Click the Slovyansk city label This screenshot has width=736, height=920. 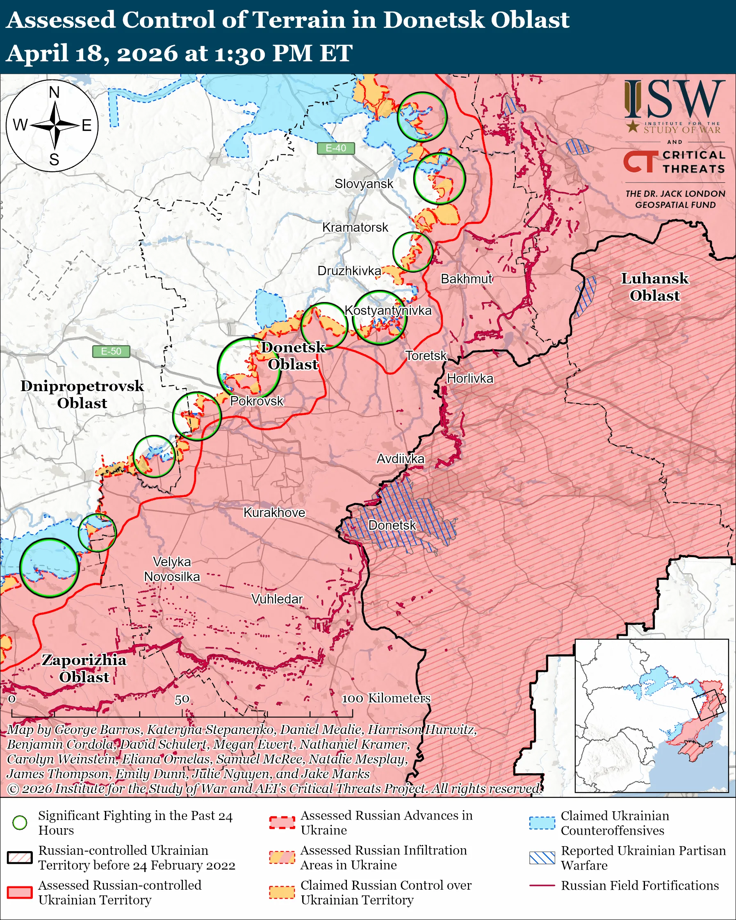[x=364, y=184]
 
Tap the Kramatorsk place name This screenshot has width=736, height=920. [x=355, y=228]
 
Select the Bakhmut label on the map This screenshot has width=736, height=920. [x=466, y=279]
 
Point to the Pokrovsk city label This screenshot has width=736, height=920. [x=256, y=401]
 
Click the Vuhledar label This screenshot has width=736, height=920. [x=277, y=599]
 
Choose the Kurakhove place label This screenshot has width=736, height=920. [x=274, y=512]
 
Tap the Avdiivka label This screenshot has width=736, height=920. [x=400, y=459]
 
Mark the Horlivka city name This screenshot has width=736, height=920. [x=470, y=378]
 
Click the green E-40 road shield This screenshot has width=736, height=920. [x=336, y=148]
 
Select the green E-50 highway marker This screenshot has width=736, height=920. [x=111, y=351]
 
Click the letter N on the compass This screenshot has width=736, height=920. [x=54, y=92]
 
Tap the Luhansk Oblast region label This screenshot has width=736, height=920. [x=654, y=287]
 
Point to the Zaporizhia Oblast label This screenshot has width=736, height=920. [x=84, y=668]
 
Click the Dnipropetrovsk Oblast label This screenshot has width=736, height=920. [x=82, y=394]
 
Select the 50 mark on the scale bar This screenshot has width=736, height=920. [x=182, y=699]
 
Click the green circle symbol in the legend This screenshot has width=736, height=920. [x=20, y=823]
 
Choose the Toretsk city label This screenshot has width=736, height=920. [x=426, y=355]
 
